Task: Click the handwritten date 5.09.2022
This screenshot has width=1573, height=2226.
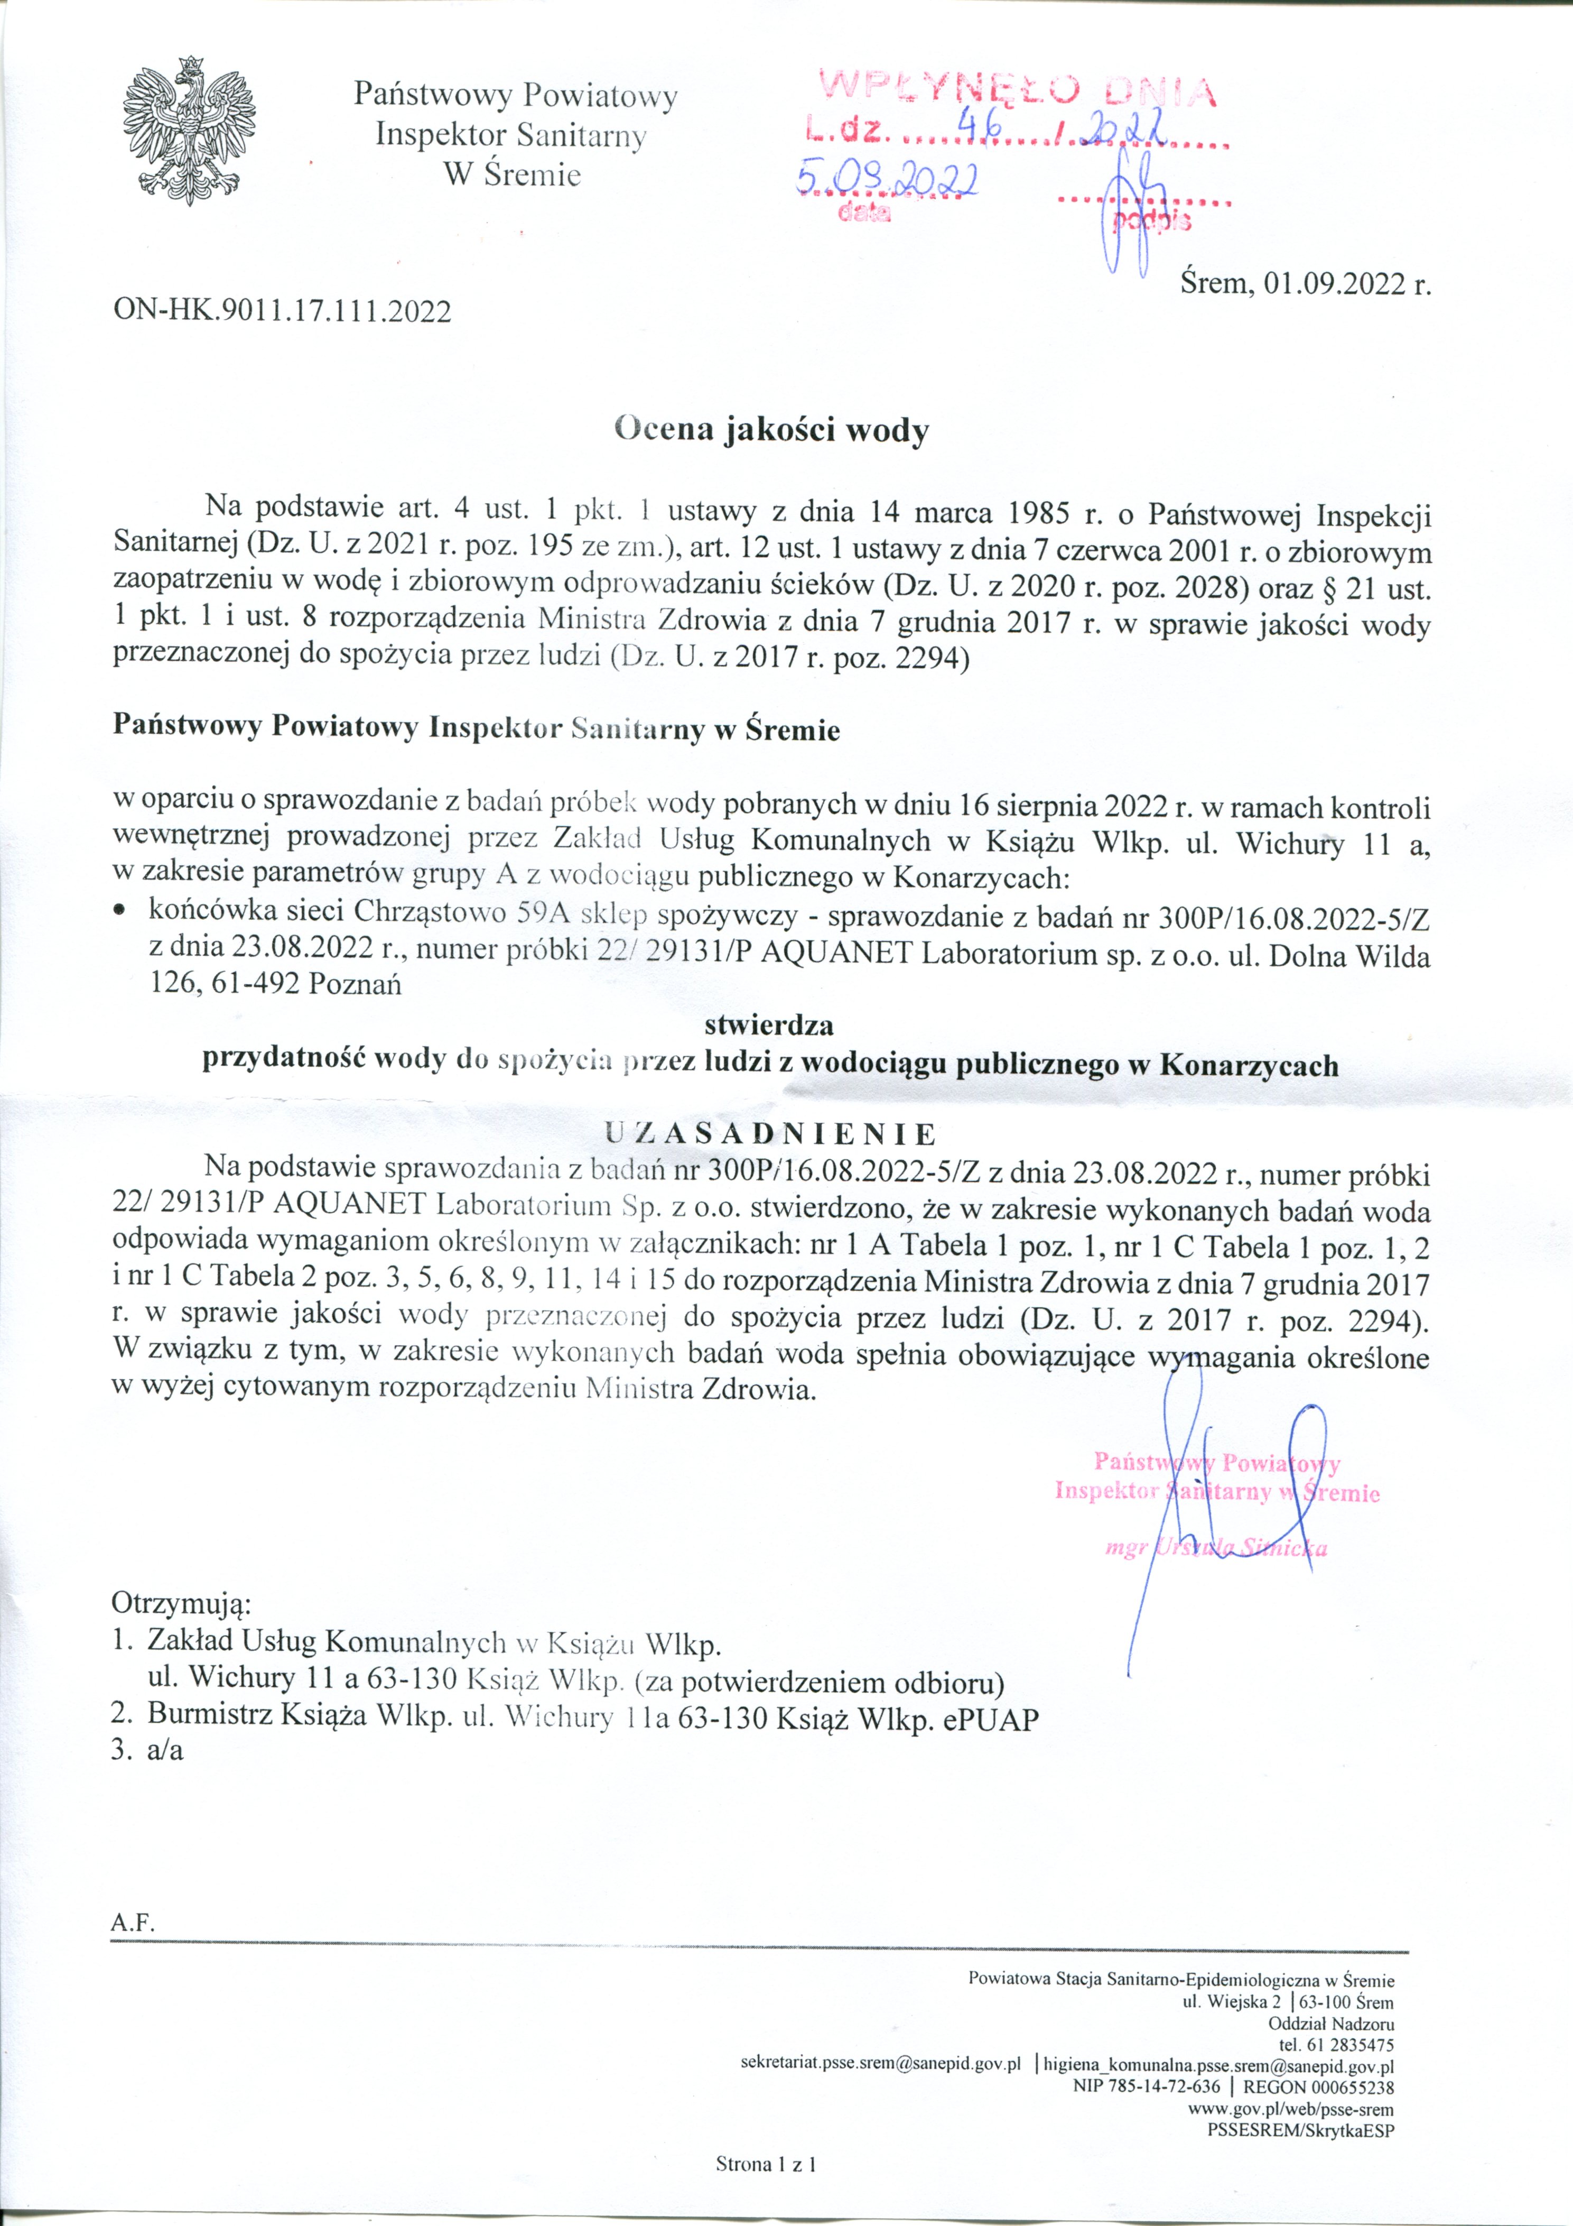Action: [x=886, y=178]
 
